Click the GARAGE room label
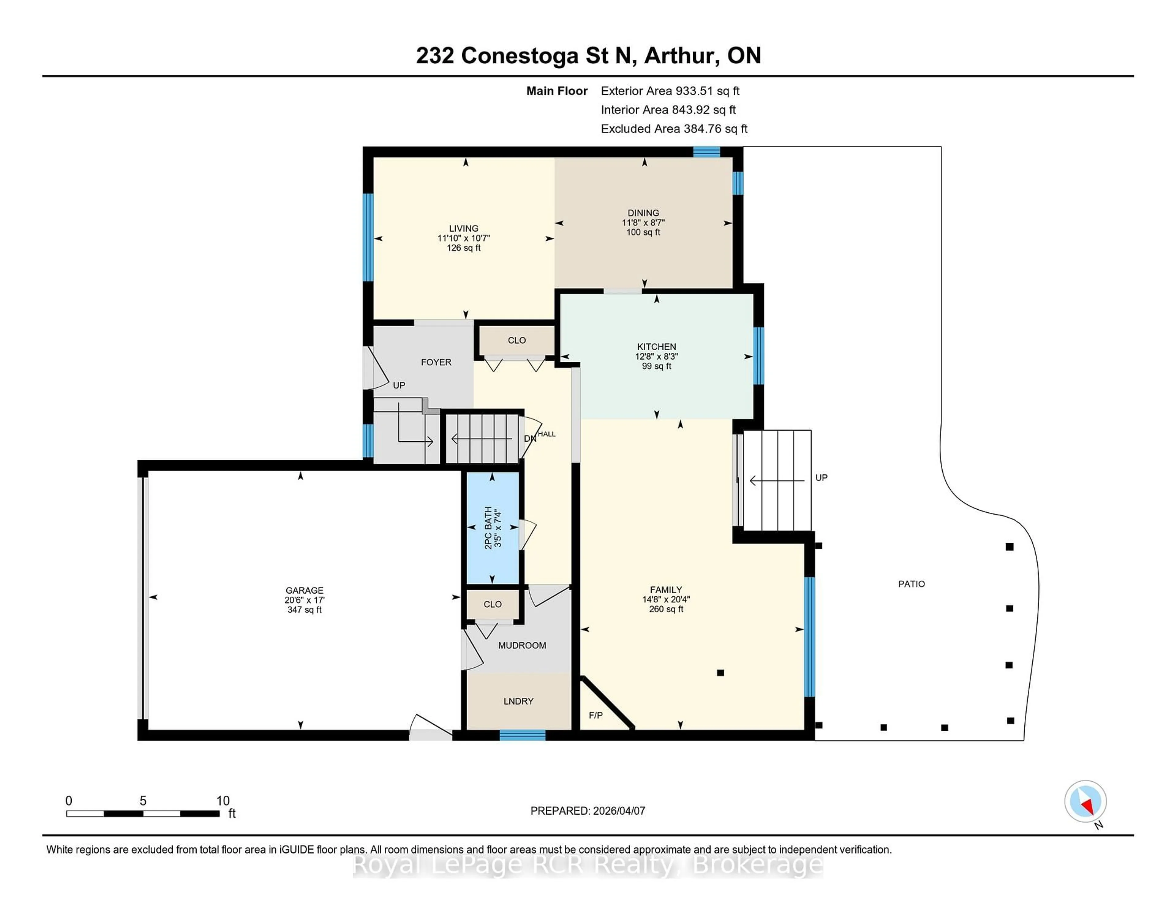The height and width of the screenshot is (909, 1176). pyautogui.click(x=304, y=590)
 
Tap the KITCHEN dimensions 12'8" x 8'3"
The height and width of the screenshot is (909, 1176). pyautogui.click(x=656, y=356)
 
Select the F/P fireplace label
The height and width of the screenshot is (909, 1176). pyautogui.click(x=596, y=715)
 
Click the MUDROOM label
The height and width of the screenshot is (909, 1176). pyautogui.click(x=522, y=645)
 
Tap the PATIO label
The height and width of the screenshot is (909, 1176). pyautogui.click(x=911, y=584)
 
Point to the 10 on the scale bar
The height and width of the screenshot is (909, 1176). pyautogui.click(x=223, y=801)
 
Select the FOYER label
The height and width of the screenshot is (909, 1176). pyautogui.click(x=435, y=362)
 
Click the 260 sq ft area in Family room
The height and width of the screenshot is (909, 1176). pyautogui.click(x=666, y=609)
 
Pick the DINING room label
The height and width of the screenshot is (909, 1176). pyautogui.click(x=643, y=213)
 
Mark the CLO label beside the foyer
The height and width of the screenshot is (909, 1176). pyautogui.click(x=516, y=340)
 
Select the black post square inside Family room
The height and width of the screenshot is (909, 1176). pyautogui.click(x=721, y=673)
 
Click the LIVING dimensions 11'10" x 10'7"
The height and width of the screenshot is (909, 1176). pyautogui.click(x=464, y=238)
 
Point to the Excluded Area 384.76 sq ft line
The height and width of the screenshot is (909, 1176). pyautogui.click(x=674, y=129)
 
